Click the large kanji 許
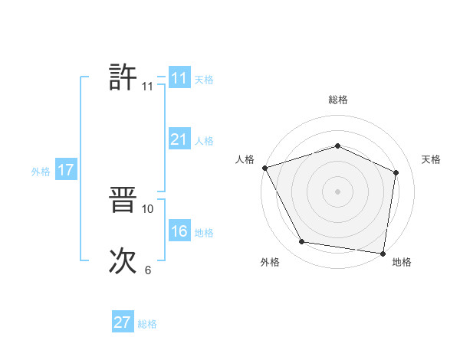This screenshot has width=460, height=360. (x=123, y=77)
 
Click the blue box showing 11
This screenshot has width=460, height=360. (x=179, y=78)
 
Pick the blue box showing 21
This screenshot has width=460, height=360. (x=179, y=139)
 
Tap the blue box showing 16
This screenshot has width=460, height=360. (x=179, y=231)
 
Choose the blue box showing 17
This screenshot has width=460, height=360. (x=65, y=170)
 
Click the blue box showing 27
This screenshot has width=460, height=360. (x=123, y=322)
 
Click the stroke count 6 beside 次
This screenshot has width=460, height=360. (x=148, y=270)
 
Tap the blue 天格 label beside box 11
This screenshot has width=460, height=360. (x=204, y=79)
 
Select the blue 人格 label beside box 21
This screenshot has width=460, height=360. (x=204, y=141)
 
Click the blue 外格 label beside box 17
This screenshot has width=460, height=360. (x=41, y=172)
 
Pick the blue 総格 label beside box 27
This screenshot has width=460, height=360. (x=147, y=324)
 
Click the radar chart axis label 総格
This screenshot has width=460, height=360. (x=338, y=100)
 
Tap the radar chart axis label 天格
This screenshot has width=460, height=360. (x=432, y=159)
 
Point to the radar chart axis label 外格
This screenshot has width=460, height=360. (x=270, y=262)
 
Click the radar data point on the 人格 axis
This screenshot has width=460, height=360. (x=264, y=168)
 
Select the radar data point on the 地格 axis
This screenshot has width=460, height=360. (x=383, y=253)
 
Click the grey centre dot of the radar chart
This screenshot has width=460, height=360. (x=337, y=191)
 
